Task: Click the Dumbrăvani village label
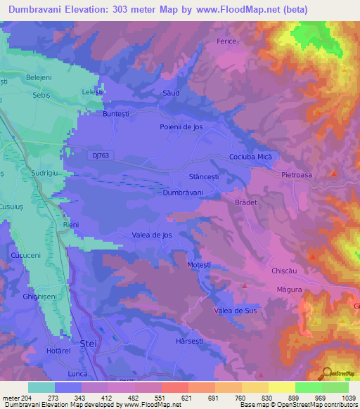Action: pyautogui.click(x=183, y=192)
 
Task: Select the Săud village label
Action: pyautogui.click(x=172, y=93)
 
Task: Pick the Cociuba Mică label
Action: pyautogui.click(x=250, y=157)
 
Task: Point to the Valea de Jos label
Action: pyautogui.click(x=153, y=235)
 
